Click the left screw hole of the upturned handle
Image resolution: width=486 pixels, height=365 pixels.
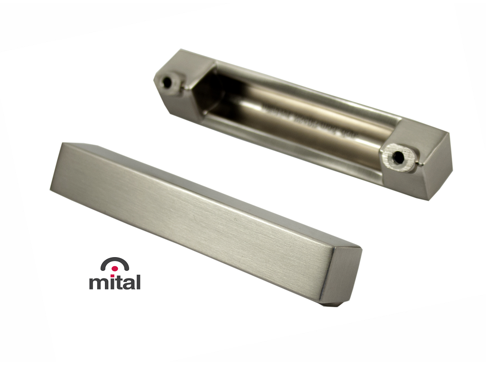point(167,82)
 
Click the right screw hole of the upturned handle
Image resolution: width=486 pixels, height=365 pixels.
point(397,156)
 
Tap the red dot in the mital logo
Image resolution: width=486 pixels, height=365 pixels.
point(115,269)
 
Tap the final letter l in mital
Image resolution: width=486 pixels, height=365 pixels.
point(138,281)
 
